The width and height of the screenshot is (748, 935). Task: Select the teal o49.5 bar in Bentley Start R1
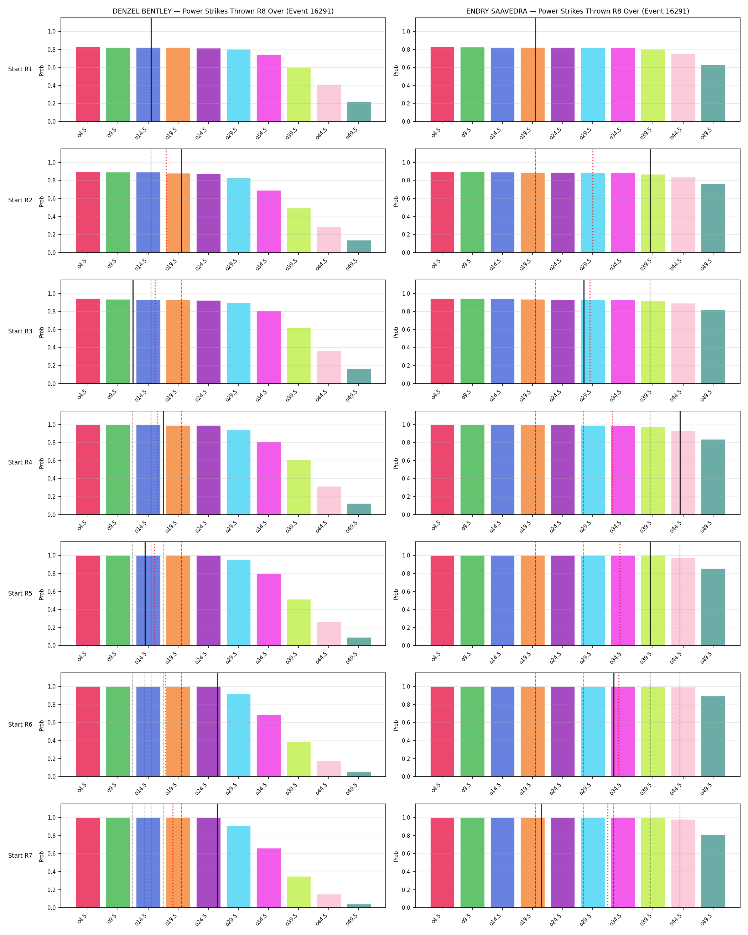(x=359, y=112)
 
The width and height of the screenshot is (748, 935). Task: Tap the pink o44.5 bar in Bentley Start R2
(x=329, y=240)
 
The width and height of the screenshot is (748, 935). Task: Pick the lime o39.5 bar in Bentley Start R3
(x=299, y=355)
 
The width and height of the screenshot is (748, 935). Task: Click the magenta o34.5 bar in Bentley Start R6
(x=269, y=746)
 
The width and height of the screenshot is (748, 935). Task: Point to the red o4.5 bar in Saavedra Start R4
(x=442, y=470)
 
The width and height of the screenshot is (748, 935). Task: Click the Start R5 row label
(x=20, y=593)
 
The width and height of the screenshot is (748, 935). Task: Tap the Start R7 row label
(x=20, y=855)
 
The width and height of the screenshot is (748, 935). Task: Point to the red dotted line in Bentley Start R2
(x=166, y=201)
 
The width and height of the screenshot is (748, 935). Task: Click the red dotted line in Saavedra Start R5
(x=620, y=594)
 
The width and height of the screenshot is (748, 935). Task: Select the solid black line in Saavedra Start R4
(x=680, y=463)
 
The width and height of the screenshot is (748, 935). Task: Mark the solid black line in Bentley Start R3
(x=133, y=332)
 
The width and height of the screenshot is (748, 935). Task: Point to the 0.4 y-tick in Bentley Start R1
(x=52, y=85)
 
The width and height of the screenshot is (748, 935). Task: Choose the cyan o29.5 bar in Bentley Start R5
(x=239, y=603)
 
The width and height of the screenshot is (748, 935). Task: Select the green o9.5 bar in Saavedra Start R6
(x=472, y=732)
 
